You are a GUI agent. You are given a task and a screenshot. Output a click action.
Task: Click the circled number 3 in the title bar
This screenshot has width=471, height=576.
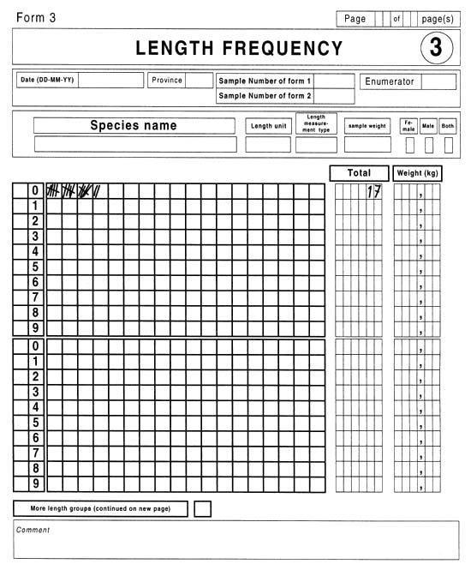[436, 48]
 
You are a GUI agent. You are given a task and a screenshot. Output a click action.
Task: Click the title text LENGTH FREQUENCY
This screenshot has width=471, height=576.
[239, 49]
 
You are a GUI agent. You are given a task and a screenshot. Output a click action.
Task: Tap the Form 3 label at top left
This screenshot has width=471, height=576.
[36, 18]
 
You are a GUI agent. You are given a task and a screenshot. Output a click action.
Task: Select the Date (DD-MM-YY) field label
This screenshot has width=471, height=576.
[47, 80]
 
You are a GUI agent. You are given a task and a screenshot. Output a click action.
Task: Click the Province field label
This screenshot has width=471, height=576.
[167, 80]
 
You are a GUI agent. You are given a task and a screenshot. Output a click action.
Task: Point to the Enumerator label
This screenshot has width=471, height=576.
[390, 81]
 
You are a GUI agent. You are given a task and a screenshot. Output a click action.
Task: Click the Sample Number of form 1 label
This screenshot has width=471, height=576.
[265, 81]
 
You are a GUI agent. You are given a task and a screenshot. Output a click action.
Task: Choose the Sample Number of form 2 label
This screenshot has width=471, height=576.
[265, 96]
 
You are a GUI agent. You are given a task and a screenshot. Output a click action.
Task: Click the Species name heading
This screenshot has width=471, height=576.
[134, 125]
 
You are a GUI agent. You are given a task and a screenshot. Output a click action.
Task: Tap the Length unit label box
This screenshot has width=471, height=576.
[268, 126]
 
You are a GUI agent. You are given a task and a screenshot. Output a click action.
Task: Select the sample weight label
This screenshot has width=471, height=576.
[367, 126]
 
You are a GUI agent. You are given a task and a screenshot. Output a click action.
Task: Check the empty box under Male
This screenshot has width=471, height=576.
[429, 145]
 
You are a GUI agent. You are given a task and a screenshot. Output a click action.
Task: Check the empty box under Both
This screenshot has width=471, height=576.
[448, 145]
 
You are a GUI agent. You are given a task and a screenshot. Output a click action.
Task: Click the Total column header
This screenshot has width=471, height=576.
[359, 173]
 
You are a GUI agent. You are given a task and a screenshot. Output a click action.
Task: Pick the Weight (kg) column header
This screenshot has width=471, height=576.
[418, 173]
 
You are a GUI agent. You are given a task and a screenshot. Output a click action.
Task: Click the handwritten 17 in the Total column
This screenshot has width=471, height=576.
[373, 192]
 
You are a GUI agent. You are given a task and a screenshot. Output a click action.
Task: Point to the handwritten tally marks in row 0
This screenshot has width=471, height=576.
[74, 191]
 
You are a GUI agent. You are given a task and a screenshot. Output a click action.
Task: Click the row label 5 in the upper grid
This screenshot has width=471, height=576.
[35, 267]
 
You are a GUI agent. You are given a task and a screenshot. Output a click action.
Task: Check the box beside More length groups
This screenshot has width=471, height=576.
[202, 508]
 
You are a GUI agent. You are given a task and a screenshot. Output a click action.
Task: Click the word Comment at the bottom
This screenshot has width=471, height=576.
[33, 530]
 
